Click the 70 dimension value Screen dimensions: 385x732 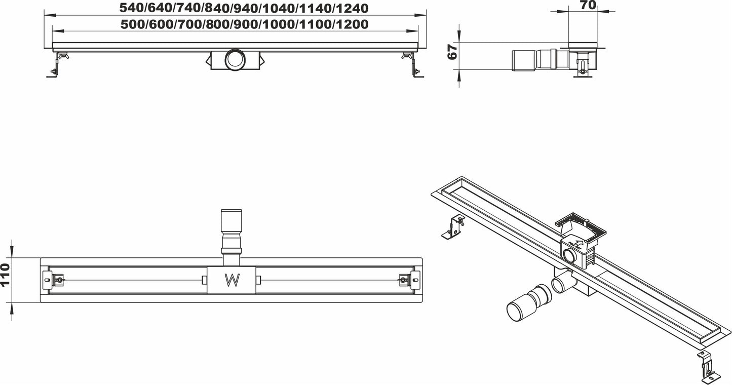click(588, 6)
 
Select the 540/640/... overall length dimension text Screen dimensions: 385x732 click(244, 8)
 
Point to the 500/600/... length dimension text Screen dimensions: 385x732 click(244, 24)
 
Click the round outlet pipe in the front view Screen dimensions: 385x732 click(235, 60)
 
